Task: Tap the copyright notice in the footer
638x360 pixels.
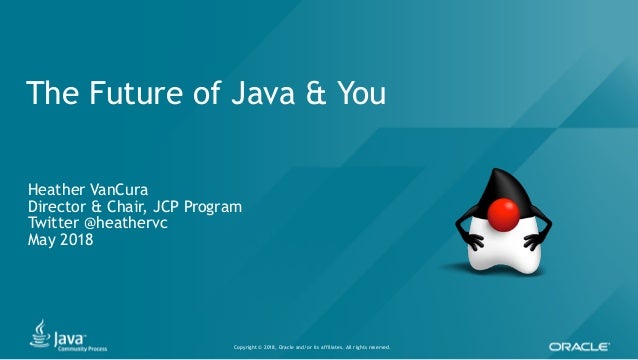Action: [x=311, y=347]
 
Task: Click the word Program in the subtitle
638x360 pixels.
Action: [x=215, y=207]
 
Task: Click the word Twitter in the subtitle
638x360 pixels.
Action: [x=56, y=222]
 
